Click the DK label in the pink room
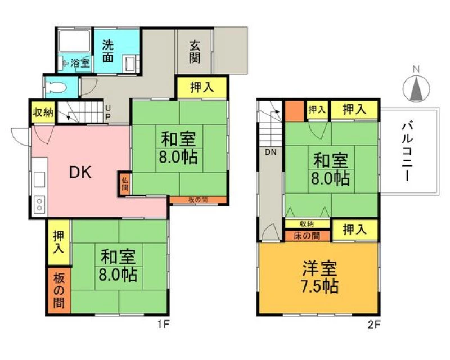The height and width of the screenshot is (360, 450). [80, 172]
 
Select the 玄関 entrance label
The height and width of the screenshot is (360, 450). [195, 52]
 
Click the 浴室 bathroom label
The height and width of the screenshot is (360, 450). [80, 63]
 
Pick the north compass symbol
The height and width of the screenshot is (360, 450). [416, 87]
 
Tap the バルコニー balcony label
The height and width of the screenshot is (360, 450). [407, 151]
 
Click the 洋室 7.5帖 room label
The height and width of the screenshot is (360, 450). [319, 277]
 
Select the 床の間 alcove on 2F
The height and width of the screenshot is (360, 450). [307, 236]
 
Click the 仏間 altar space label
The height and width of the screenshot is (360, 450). [124, 184]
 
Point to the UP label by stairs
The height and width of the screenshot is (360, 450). [108, 112]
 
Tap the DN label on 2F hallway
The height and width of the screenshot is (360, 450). [271, 152]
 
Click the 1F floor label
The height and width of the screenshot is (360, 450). [163, 325]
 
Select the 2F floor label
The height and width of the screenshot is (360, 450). [373, 325]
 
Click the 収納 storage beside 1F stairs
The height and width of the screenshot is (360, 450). [43, 112]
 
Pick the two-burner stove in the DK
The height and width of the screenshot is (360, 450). [39, 204]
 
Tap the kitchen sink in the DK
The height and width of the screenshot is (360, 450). [39, 179]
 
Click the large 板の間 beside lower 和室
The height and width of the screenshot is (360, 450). [59, 290]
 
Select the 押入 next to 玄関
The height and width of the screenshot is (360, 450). [202, 88]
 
